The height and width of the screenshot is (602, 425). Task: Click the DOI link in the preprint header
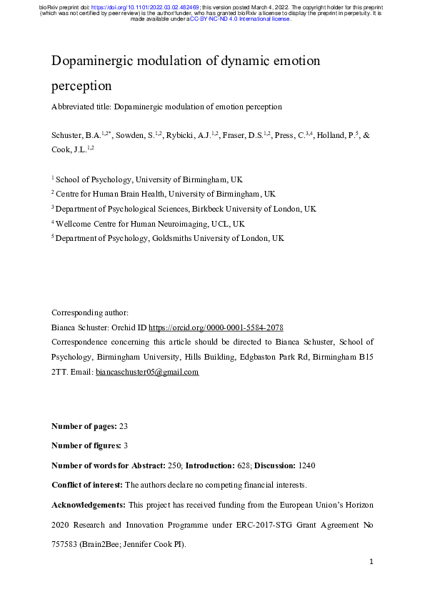[x=146, y=6]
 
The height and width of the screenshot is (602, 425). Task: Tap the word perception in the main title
[x=82, y=86]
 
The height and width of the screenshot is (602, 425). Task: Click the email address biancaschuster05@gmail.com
[x=147, y=372]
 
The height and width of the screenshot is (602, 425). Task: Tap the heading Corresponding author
[x=90, y=312]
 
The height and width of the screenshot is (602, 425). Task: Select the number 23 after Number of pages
[x=124, y=427]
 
